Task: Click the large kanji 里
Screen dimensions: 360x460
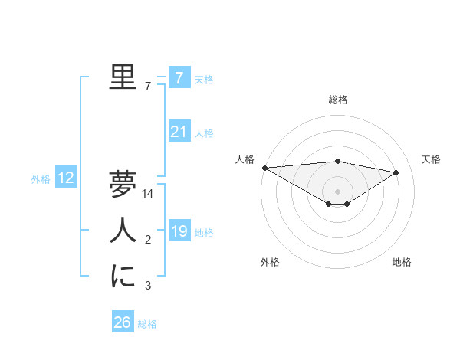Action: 123,77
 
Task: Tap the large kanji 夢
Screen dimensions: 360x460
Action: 123,184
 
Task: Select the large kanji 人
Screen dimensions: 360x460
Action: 123,231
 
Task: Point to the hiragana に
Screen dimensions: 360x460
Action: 123,276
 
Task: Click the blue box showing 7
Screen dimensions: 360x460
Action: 179,77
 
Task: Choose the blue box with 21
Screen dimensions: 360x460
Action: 179,132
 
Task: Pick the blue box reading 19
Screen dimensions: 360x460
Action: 179,231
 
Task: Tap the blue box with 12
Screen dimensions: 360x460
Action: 66,178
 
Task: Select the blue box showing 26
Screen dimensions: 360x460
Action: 123,322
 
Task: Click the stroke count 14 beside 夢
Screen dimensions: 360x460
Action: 149,194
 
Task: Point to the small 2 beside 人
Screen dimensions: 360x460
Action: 148,241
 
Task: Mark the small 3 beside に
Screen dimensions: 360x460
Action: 148,286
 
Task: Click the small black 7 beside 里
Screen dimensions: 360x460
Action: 148,87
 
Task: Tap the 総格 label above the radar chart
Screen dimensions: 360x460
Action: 337,100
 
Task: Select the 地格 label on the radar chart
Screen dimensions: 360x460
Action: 402,262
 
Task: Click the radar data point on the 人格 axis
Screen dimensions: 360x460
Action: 264,167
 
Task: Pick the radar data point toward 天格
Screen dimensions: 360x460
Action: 396,172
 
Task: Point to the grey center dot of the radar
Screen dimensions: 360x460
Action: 337,190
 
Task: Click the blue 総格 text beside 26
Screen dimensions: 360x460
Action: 147,324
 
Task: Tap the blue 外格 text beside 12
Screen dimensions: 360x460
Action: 41,179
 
